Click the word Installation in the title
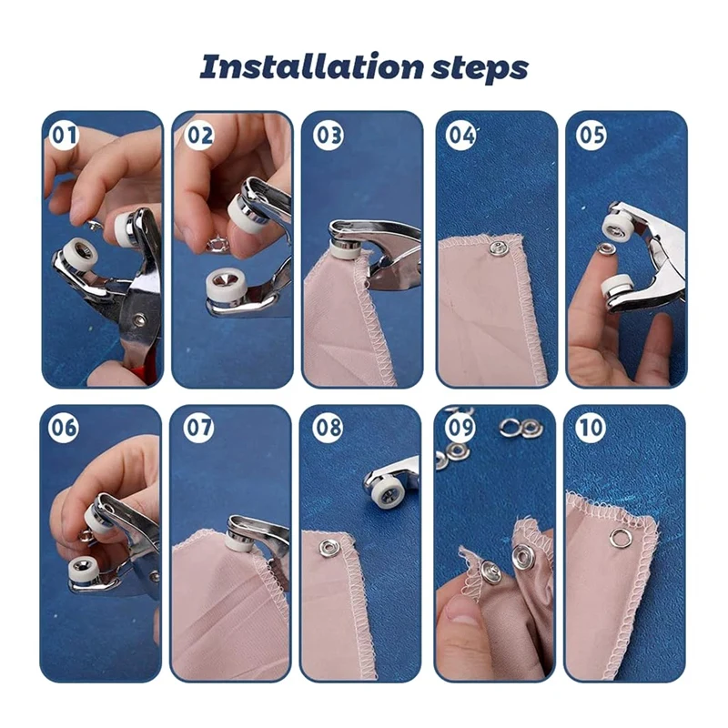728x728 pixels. (311, 66)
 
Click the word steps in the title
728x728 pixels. (480, 70)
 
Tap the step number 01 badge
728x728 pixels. (64, 135)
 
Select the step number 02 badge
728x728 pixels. (199, 135)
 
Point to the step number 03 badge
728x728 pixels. (329, 135)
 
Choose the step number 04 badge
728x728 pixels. (460, 135)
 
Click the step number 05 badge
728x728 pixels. (591, 135)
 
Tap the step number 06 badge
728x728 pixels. (63, 427)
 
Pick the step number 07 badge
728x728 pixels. (198, 427)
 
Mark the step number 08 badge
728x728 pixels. (328, 427)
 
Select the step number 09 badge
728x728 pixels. (460, 427)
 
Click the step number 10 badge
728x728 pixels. (591, 427)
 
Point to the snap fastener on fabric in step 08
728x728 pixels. (328, 548)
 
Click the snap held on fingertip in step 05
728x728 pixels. (607, 249)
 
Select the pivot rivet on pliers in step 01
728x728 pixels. (138, 319)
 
